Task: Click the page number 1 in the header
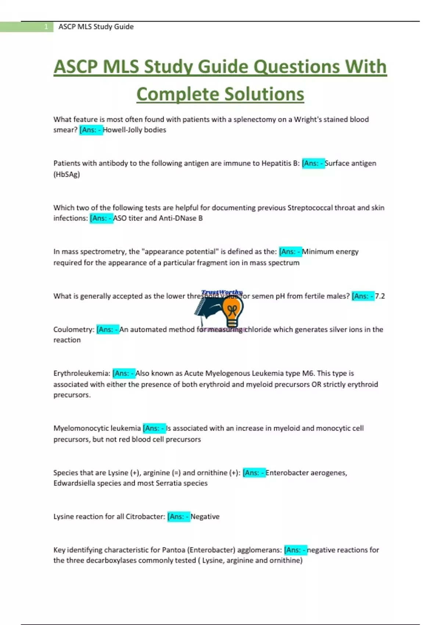[x=46, y=27]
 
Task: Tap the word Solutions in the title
[x=264, y=94]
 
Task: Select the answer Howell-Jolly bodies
[x=135, y=130]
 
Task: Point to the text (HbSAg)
[x=67, y=174]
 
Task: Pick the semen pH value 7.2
[x=380, y=296]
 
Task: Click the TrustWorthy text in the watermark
[x=222, y=292]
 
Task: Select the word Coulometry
[x=73, y=329]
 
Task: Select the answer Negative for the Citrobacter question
[x=205, y=517]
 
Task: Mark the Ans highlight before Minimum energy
[x=290, y=252]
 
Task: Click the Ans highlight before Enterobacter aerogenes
[x=254, y=473]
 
